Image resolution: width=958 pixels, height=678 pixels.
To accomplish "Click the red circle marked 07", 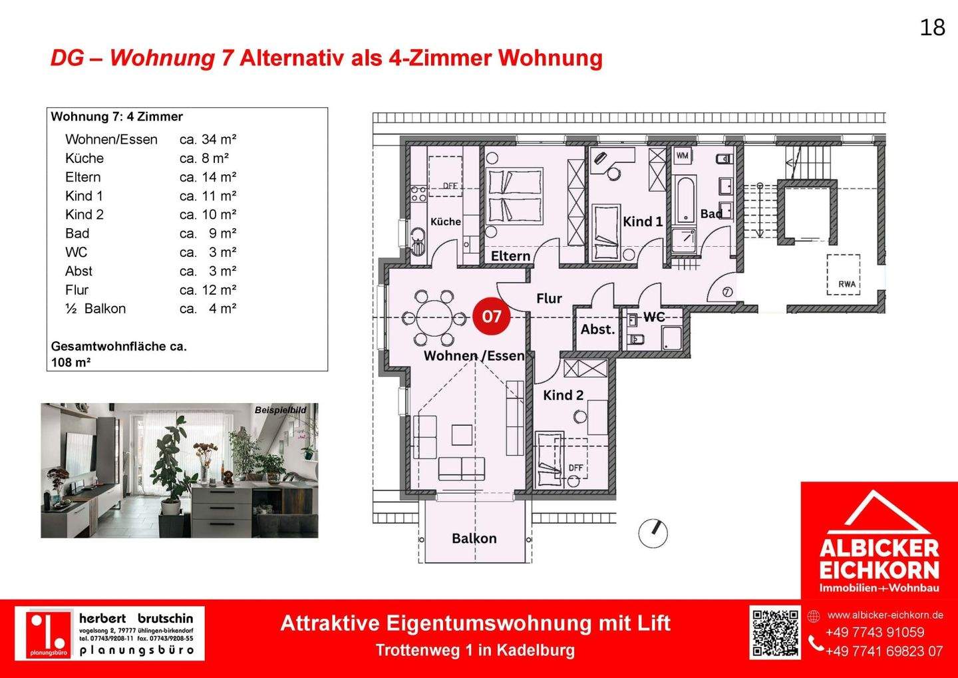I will tap(491, 316).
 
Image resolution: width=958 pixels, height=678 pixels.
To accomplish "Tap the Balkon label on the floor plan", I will tap(474, 538).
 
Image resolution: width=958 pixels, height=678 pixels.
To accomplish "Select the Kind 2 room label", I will tap(563, 395).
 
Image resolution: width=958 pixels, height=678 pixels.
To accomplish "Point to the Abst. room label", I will tap(597, 329).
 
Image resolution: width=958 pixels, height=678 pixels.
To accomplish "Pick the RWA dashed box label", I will tap(846, 283).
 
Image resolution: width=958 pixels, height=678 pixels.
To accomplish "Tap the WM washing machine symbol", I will tap(682, 156).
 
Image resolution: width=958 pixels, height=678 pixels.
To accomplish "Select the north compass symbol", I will tap(653, 533).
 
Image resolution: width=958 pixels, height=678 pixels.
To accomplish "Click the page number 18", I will tap(932, 27).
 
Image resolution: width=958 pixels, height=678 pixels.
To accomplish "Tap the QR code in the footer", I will tap(775, 632).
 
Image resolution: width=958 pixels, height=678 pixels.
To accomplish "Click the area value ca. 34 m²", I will tap(208, 140).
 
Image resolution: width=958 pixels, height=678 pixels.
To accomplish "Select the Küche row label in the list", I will tap(84, 158).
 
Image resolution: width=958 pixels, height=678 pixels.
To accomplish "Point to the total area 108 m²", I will tap(71, 363).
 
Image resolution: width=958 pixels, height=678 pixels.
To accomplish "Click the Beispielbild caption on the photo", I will tap(280, 410).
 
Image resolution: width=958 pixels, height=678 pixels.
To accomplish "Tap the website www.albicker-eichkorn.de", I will tap(885, 615).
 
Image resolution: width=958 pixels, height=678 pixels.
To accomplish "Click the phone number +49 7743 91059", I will tap(875, 632).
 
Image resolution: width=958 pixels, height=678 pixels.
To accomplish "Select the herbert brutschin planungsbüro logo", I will tap(110, 633).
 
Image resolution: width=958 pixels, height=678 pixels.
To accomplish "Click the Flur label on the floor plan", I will tap(549, 299).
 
